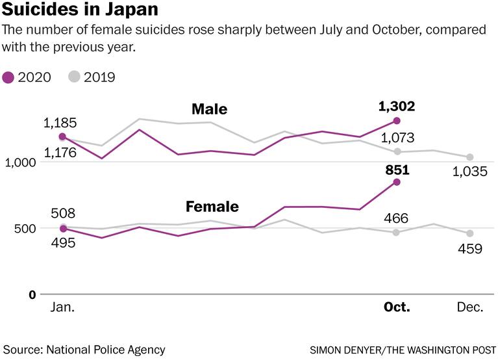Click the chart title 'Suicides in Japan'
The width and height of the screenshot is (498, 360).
[79, 11]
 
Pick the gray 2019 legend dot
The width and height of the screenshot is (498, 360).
[74, 77]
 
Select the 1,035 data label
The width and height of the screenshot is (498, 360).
[469, 172]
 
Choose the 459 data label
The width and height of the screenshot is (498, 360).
[469, 249]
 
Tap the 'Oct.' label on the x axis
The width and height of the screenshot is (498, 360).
[396, 307]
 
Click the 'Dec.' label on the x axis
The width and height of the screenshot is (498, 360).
[470, 307]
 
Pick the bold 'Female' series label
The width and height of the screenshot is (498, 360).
[212, 207]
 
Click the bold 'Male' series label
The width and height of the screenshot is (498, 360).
[209, 109]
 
